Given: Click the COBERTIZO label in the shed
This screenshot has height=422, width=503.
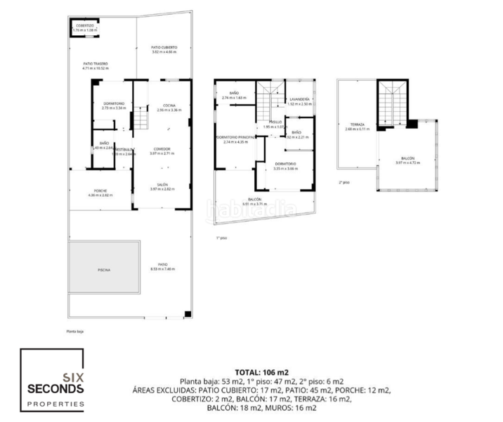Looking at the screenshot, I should pos(84,25).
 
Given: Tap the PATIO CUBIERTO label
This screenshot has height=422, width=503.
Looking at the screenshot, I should pos(164,48).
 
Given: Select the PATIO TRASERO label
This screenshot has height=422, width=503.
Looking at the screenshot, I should pos(95,64).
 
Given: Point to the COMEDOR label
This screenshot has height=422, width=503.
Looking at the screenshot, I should pos(162,148).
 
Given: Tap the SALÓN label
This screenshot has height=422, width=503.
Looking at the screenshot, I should pos(162,184).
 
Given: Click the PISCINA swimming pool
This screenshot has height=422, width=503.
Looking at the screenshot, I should pos(104,270).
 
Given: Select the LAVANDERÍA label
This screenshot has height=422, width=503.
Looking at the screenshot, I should pos(299,100).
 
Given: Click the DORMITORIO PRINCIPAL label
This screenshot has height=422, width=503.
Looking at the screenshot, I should pos(235,137).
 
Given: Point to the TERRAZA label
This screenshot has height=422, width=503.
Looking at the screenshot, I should pos(357,124).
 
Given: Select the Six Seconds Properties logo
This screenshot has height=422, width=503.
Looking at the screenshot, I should pos(53,380).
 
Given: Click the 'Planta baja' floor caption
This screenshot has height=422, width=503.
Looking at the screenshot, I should pos(74,331).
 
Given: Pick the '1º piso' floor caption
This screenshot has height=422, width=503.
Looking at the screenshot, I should pos(222,238).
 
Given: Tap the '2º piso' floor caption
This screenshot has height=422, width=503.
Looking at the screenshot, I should pos(344,181).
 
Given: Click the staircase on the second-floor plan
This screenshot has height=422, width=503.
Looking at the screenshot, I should pos(392,104).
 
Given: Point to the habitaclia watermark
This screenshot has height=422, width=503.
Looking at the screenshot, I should pos(242,208).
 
